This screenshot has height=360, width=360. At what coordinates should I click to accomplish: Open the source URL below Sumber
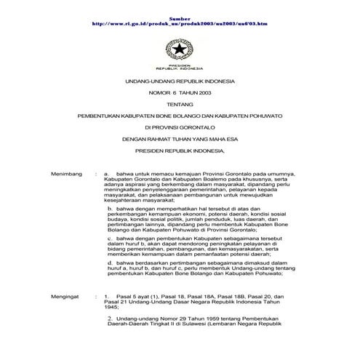tap(180, 23)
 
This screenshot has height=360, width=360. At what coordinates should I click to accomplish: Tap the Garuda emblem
tap(179, 49)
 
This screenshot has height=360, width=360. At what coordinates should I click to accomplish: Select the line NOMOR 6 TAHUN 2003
tap(179, 95)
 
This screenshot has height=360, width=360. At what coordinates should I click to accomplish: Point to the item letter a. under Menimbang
tap(107, 175)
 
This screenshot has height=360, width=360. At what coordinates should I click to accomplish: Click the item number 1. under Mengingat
tap(107, 298)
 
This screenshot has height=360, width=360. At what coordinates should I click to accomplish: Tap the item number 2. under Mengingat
tap(109, 319)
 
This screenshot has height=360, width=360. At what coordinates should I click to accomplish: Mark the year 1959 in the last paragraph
tap(191, 319)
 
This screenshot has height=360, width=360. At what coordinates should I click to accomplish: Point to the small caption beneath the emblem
tap(179, 65)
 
